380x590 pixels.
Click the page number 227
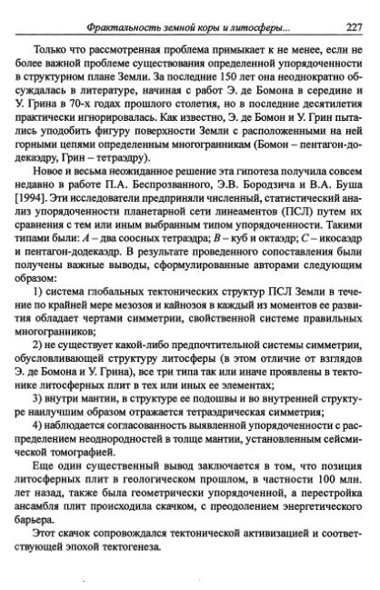click(356, 26)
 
